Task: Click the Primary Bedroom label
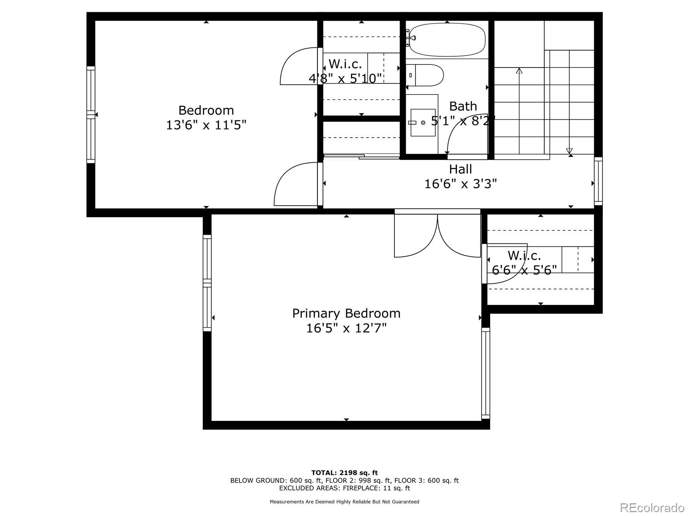pos(346,313)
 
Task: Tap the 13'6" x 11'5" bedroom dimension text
pos(206,125)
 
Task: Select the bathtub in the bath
pos(447,40)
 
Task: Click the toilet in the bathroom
pos(426,75)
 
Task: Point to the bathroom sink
pos(422,123)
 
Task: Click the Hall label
pos(460,169)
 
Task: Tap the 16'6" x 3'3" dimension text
pos(460,184)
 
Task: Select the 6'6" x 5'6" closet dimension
pos(524,270)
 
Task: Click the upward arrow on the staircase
pos(519,71)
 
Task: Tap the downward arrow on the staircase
pos(569,151)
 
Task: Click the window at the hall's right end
pos(598,181)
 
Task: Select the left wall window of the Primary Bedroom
pos(207,283)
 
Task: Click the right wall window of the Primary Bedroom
pos(485,373)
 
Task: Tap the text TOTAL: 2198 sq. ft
pos(344,473)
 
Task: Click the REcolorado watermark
pos(652,507)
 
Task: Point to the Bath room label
pos(463,106)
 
